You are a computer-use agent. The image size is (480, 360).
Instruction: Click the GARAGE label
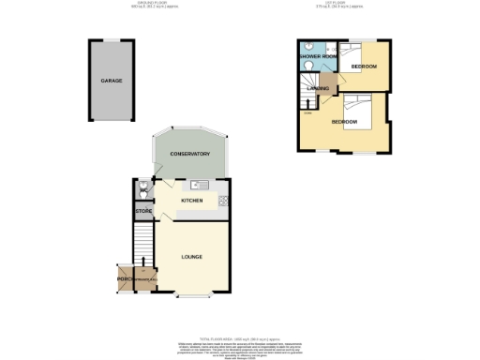[112, 82]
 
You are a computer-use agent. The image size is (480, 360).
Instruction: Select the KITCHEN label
[192, 200]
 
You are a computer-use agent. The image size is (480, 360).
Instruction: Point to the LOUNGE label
[192, 257]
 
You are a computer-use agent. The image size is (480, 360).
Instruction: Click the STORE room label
[142, 212]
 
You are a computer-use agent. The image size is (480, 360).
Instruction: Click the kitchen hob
[223, 199]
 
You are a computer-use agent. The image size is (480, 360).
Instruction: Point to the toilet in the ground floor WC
[142, 190]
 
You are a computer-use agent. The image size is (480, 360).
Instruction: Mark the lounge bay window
[192, 297]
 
